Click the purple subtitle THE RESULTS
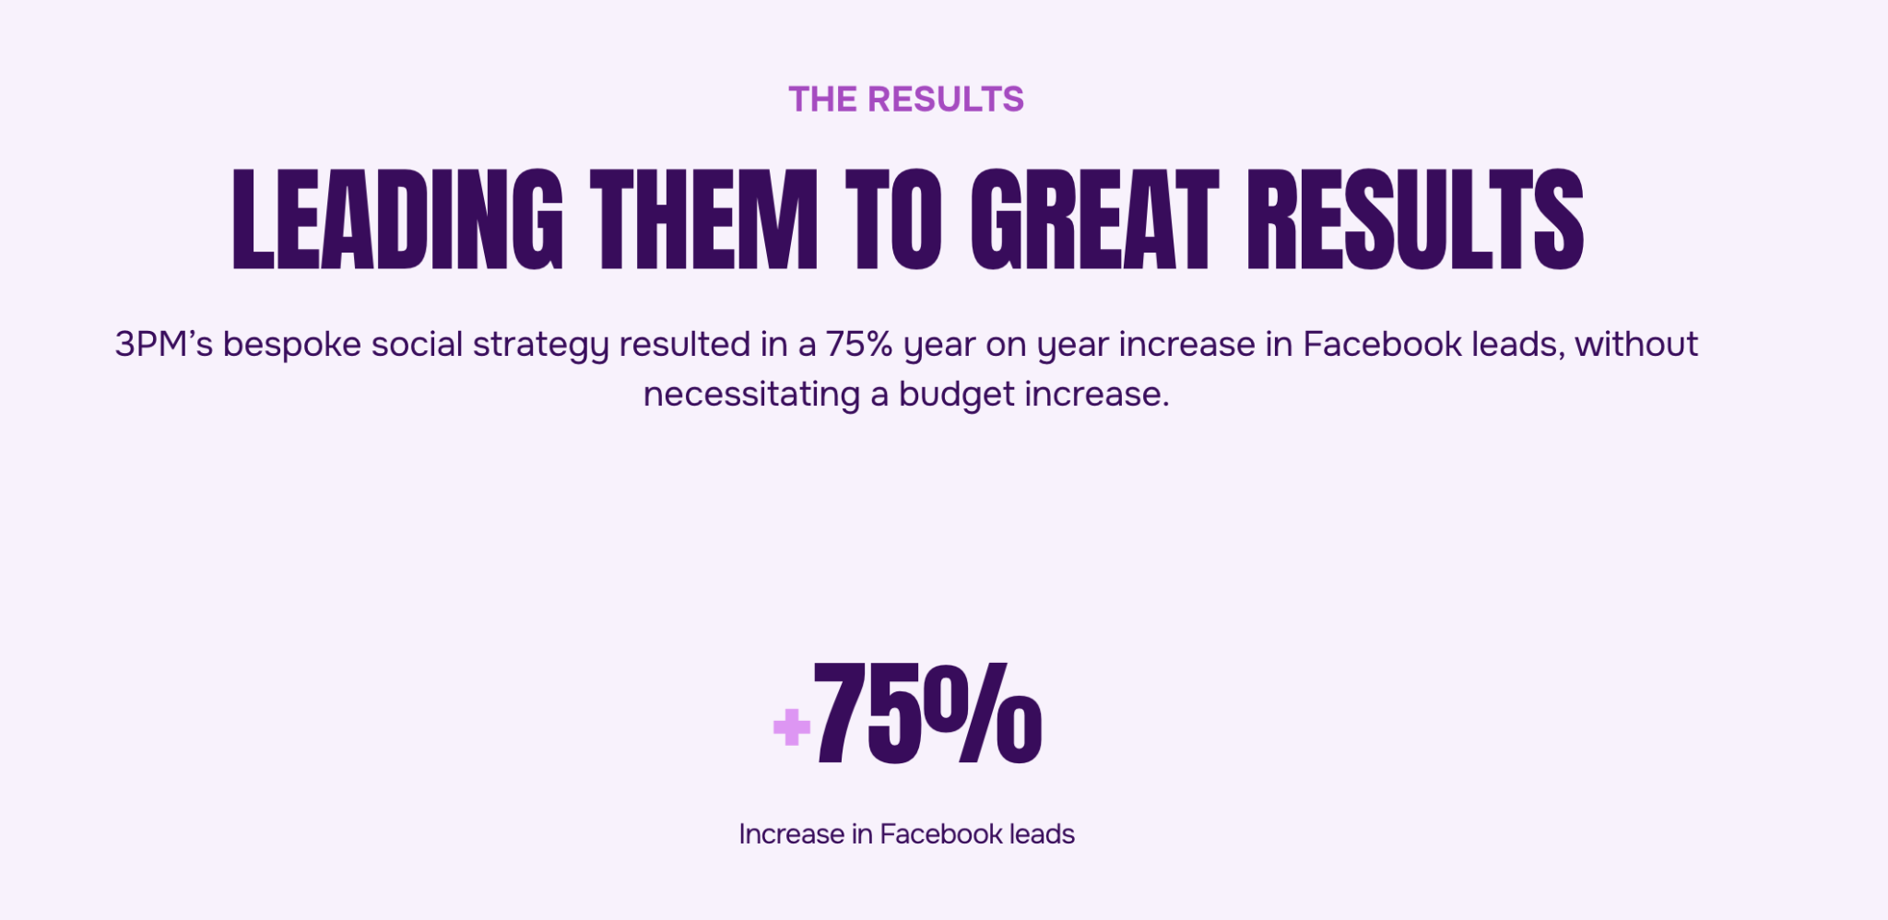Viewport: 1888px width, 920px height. pos(906,100)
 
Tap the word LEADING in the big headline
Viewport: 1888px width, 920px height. pos(397,219)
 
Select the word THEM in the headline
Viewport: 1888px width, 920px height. pos(704,219)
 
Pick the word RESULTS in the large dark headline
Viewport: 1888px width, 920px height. pos(1415,219)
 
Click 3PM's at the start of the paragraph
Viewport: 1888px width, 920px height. pos(164,345)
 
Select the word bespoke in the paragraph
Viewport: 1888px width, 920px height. pos(292,345)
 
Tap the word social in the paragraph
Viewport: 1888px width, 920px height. pos(417,345)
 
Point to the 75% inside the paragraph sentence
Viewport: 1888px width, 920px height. pos(859,345)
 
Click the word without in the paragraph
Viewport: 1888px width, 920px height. pos(1636,345)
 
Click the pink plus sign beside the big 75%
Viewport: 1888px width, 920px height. pos(792,726)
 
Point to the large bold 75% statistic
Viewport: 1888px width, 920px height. pos(927,714)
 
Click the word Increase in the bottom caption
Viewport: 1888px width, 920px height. pos(792,834)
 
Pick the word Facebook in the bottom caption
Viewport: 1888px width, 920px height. pos(941,834)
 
